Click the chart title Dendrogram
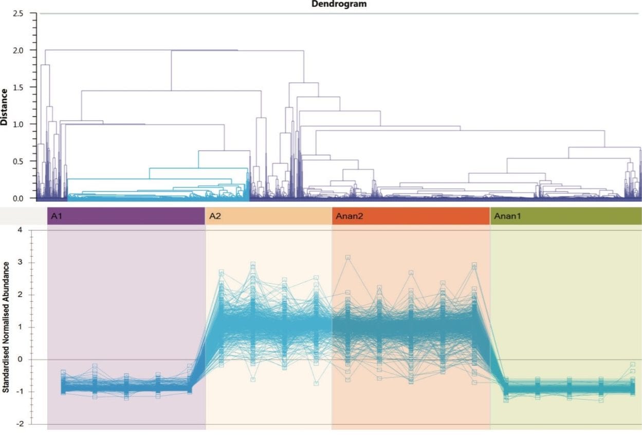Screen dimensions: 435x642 click(339, 4)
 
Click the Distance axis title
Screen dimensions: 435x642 click(5, 107)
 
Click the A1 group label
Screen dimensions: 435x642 click(57, 216)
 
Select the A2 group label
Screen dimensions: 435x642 click(215, 216)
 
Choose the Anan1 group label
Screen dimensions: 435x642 click(507, 216)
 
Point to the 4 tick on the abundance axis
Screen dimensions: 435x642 click(20, 230)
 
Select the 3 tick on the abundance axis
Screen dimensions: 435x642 click(20, 262)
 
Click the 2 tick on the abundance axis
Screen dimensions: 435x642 click(20, 295)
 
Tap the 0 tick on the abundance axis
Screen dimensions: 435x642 click(20, 359)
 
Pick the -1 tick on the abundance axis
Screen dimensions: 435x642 click(19, 392)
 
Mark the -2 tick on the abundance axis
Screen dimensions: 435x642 click(19, 424)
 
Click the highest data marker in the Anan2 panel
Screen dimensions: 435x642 click(348, 257)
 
